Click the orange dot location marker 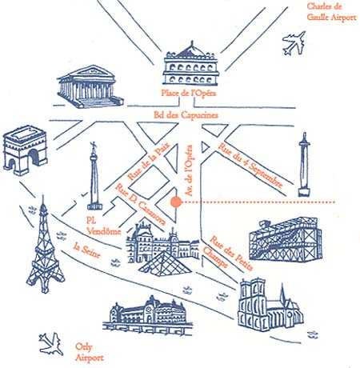click(x=176, y=202)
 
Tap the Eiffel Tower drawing click(x=45, y=248)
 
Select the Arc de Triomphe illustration click(x=25, y=150)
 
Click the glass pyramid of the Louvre click(x=166, y=264)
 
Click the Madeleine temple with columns click(x=90, y=86)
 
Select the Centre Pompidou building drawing click(x=286, y=238)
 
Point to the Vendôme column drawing click(x=94, y=176)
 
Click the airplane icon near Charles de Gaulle click(x=294, y=43)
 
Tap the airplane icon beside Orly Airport click(x=51, y=344)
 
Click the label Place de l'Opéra click(x=189, y=93)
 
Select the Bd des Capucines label click(x=186, y=115)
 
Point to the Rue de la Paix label click(x=149, y=162)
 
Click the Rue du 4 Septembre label click(x=250, y=166)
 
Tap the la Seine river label click(x=87, y=250)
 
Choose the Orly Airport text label click(x=89, y=352)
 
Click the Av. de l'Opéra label click(x=189, y=170)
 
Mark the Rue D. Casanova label click(x=141, y=204)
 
